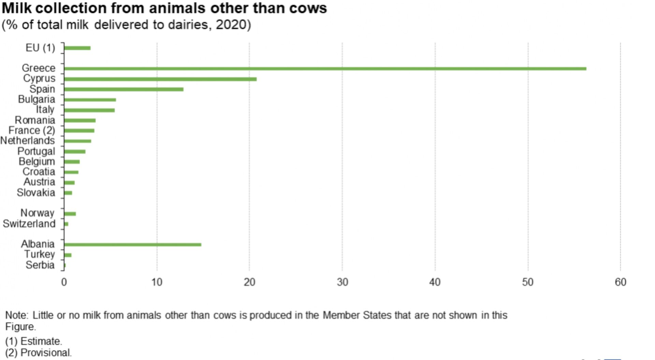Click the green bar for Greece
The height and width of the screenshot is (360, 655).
(x=325, y=69)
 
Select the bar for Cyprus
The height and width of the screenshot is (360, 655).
(x=160, y=79)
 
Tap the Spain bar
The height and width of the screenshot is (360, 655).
(x=123, y=89)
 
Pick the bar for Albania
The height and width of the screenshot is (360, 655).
(x=132, y=244)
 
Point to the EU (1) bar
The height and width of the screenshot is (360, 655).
(x=77, y=48)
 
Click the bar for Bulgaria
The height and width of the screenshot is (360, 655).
(x=90, y=100)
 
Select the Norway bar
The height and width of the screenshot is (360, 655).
(x=70, y=214)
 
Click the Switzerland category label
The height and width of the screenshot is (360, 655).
(x=29, y=224)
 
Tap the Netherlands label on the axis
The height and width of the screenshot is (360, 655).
(x=27, y=140)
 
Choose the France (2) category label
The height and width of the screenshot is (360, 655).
(x=32, y=130)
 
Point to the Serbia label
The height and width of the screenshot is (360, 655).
(x=40, y=265)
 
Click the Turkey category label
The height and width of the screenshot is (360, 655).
(x=39, y=254)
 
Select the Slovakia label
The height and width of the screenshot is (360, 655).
(x=36, y=192)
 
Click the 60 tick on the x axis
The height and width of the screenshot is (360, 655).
(x=621, y=282)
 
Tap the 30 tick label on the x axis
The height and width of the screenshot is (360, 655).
(x=342, y=282)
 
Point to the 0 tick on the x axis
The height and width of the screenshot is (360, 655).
(x=64, y=282)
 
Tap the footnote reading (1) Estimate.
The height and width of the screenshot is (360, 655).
(x=34, y=341)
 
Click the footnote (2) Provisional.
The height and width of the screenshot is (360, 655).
(x=39, y=352)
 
